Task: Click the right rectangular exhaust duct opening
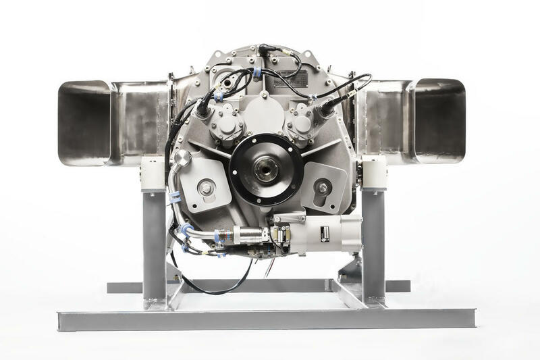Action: click(x=439, y=122)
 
